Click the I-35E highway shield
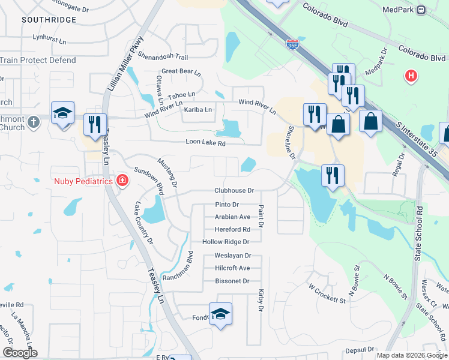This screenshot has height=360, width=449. click(x=292, y=44)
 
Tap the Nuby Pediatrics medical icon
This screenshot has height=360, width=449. click(x=122, y=180)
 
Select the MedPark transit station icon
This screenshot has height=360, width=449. click(x=421, y=10)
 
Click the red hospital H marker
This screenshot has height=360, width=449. click(x=411, y=76)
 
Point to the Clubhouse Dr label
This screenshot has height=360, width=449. click(x=234, y=190)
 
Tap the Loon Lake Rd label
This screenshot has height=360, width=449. click(x=205, y=143)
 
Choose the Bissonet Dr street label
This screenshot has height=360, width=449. click(x=231, y=281)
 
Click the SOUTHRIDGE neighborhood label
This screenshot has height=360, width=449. click(x=49, y=20)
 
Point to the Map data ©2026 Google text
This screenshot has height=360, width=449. click(x=411, y=355)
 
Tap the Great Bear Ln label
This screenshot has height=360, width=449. click(x=181, y=71)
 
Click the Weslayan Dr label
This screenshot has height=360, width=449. click(x=232, y=256)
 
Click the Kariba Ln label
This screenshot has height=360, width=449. click(x=197, y=110)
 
